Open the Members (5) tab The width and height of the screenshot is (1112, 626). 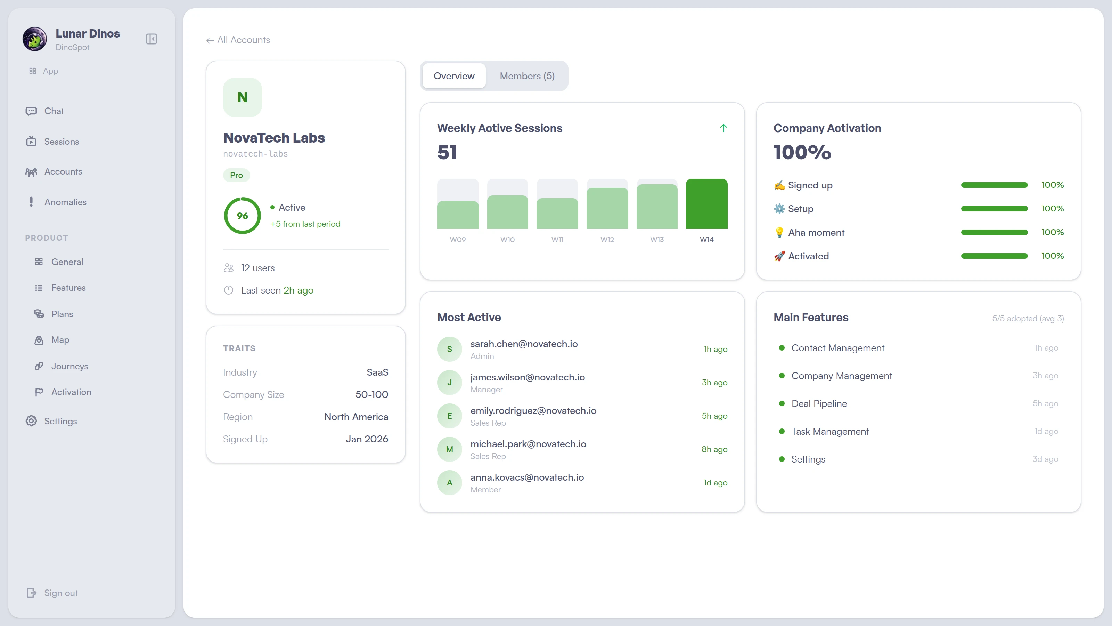tap(527, 76)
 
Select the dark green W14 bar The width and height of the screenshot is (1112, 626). tap(706, 204)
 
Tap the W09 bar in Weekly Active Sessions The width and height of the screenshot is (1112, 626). tap(458, 214)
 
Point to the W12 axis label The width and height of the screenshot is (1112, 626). tap(607, 240)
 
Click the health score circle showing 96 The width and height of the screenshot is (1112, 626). tap(242, 216)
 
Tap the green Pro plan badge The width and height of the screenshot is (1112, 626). tap(236, 175)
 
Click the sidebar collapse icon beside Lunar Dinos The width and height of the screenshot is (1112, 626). tap(152, 39)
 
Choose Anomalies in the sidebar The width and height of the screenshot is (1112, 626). tap(65, 202)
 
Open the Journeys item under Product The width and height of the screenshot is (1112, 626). tap(69, 366)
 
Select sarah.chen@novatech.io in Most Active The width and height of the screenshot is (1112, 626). tap(524, 344)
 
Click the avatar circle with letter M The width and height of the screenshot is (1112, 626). tap(449, 449)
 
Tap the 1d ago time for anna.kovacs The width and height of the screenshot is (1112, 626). tap(715, 483)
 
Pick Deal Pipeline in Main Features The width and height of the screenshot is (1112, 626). tap(819, 403)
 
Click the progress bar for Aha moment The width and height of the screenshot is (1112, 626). tap(994, 232)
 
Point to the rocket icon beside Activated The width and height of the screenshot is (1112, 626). tap(779, 256)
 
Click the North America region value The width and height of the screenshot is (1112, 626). tap(356, 417)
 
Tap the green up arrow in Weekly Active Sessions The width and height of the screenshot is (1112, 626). tap(723, 128)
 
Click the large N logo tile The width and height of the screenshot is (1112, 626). tap(242, 97)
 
